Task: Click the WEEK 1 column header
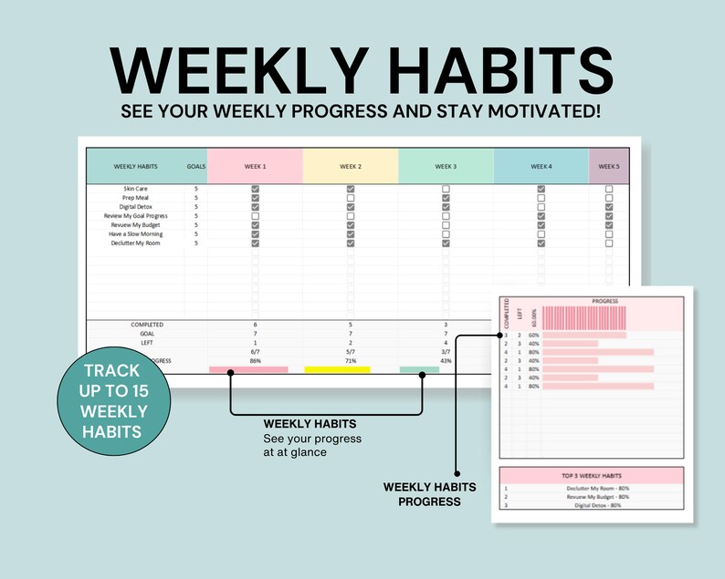point(255,167)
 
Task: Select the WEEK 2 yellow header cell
point(351,167)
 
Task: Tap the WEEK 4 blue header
point(541,167)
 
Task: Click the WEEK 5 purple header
point(608,167)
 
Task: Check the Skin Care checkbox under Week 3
point(446,189)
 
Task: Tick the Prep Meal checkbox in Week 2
point(351,198)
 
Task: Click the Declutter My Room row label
point(136,243)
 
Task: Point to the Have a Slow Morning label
point(136,234)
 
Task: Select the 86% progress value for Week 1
point(255,361)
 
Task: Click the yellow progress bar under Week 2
point(337,369)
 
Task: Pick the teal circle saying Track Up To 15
point(113,400)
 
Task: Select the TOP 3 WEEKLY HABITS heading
point(592,476)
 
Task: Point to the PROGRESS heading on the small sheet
point(604,301)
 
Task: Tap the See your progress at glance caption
point(312,445)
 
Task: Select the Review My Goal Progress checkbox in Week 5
point(609,216)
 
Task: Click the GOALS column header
point(195,167)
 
